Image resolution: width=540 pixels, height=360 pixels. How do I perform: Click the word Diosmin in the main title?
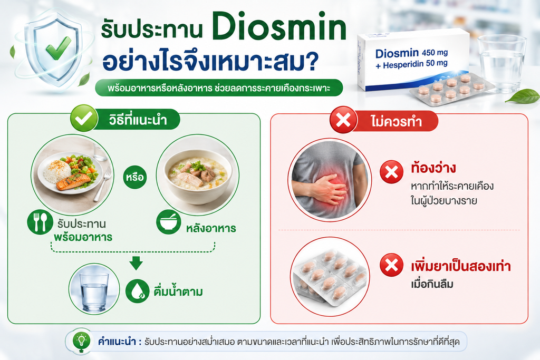pyautogui.click(x=279, y=26)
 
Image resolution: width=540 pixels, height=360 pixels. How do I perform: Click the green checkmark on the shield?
pyautogui.click(x=59, y=47)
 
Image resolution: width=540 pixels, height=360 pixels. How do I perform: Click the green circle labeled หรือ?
pyautogui.click(x=134, y=177)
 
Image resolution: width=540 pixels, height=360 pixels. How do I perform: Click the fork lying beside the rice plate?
pyautogui.click(x=103, y=184)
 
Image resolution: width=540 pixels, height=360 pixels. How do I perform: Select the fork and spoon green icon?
pyautogui.click(x=40, y=222)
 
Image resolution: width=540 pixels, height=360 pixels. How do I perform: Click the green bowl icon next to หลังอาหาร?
pyautogui.click(x=168, y=222)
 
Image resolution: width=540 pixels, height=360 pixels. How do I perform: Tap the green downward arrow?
pyautogui.click(x=136, y=262)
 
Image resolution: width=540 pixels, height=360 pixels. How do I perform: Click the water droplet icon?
pyautogui.click(x=137, y=291)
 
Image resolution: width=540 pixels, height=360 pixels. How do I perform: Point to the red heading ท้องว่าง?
pyautogui.click(x=433, y=168)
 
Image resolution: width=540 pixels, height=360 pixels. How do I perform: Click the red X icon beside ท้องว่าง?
pyautogui.click(x=392, y=172)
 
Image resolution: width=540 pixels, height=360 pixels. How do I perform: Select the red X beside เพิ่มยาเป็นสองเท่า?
pyautogui.click(x=392, y=265)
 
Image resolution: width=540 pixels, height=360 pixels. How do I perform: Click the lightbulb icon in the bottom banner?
pyautogui.click(x=82, y=340)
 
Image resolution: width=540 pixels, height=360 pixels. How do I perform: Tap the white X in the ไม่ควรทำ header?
pyautogui.click(x=343, y=120)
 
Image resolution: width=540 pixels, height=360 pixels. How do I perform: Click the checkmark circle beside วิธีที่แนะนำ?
pyautogui.click(x=83, y=118)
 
